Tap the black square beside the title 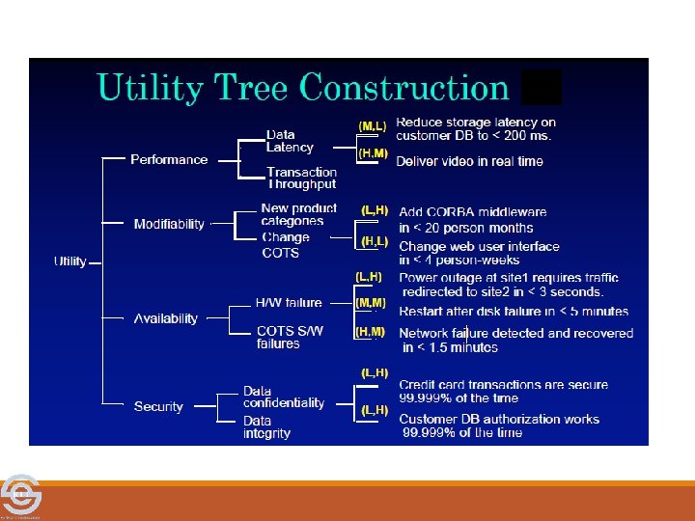coord(541,88)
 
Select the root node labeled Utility coord(70,261)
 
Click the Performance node coord(169,159)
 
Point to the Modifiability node coord(169,224)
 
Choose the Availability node coord(165,318)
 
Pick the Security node coord(158,406)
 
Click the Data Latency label coord(290,141)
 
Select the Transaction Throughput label coord(301,178)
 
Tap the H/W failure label coord(289,303)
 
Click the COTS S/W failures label coord(290,337)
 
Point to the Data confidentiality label coord(284,397)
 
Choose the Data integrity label coord(266,427)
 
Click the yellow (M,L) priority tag coord(373,126)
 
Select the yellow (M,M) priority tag coord(371,303)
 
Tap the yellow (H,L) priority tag coord(375,240)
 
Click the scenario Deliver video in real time coord(469,161)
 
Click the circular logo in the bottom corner coord(18,496)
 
